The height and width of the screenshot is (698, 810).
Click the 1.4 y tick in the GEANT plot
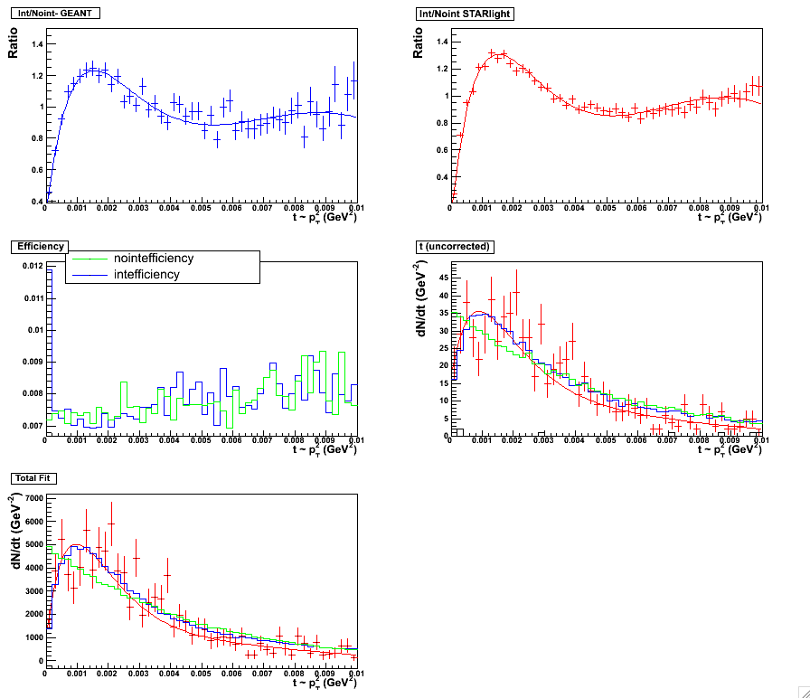(x=35, y=43)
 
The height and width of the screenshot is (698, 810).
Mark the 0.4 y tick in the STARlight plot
(x=441, y=177)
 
